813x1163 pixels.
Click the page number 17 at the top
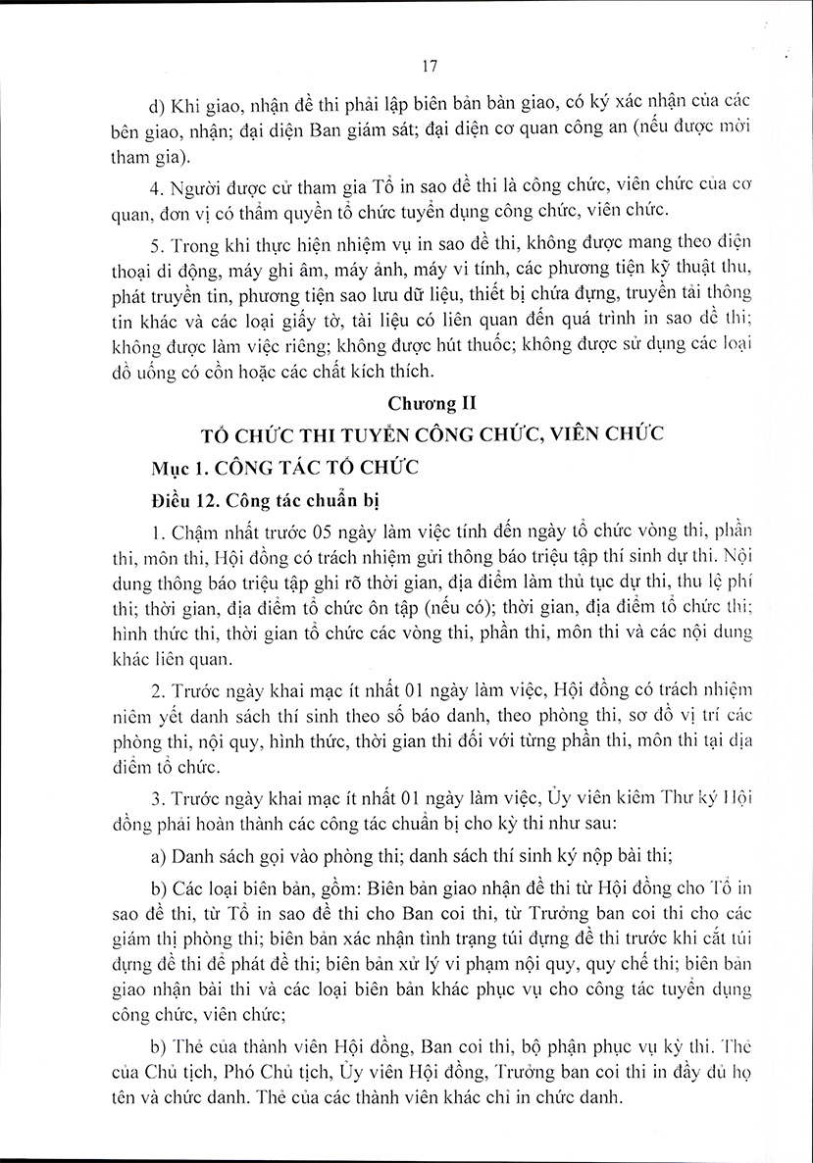click(428, 67)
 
